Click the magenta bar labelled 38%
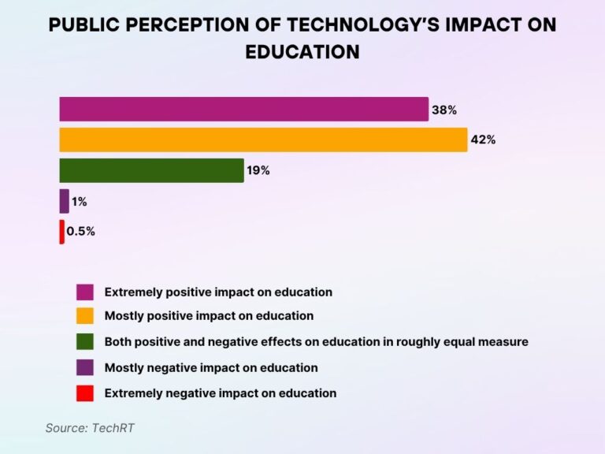pos(243,110)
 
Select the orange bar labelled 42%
pos(263,140)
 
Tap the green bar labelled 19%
pos(151,170)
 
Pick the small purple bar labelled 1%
pos(64,201)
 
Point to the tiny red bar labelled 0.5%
pos(61,232)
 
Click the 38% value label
pos(444,110)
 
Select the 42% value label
pos(483,140)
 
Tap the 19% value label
pos(258,170)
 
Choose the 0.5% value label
pos(80,232)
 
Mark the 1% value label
pos(79,202)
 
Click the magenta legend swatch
pos(85,292)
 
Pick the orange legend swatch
pos(85,316)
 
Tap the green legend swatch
pos(85,342)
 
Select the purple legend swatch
pos(85,367)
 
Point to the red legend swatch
pos(85,393)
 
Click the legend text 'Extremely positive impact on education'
pos(218,292)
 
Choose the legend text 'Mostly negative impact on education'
pos(211,367)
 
